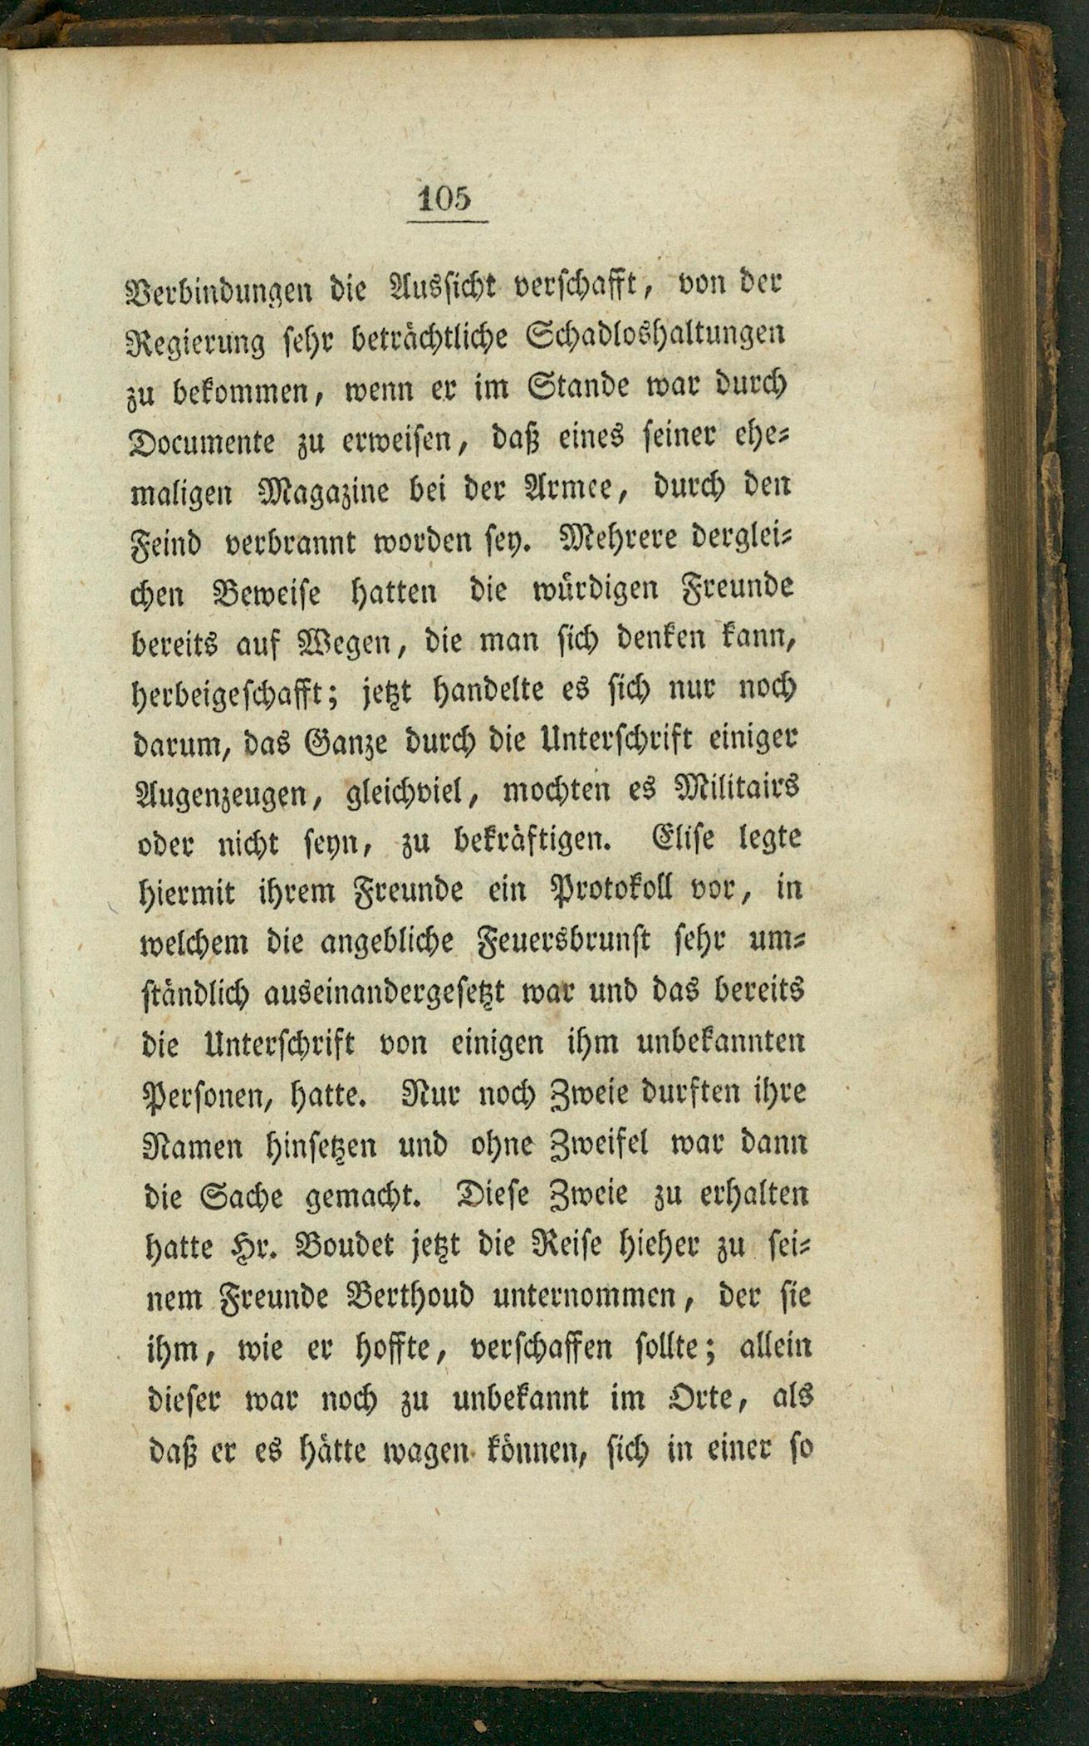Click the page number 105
pyautogui.click(x=445, y=199)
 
